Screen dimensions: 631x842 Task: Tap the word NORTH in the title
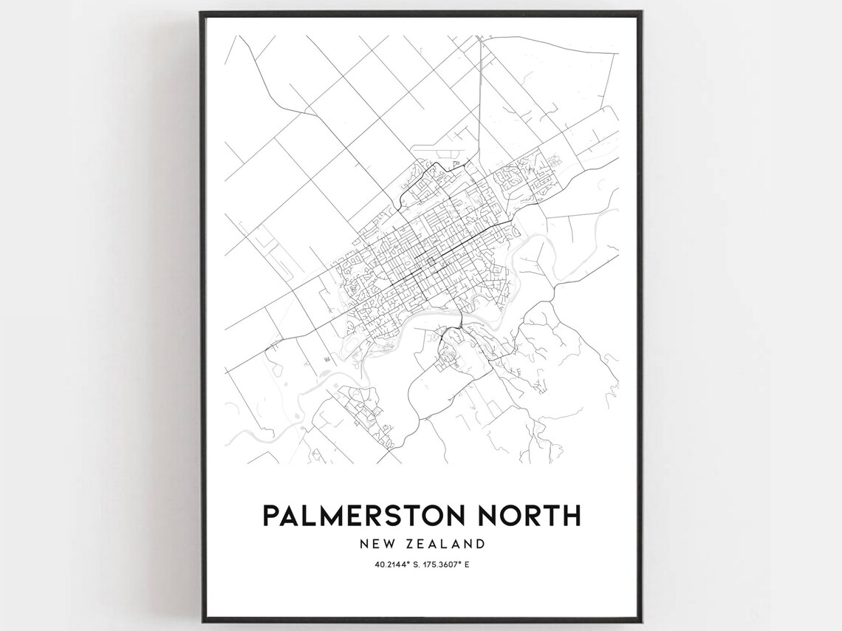pyautogui.click(x=527, y=516)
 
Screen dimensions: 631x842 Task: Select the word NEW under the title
pyautogui.click(x=375, y=545)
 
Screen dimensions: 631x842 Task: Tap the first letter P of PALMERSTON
pyautogui.click(x=270, y=516)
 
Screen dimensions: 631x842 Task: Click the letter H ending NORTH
pyautogui.click(x=571, y=516)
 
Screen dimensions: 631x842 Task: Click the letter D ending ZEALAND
pyautogui.click(x=481, y=545)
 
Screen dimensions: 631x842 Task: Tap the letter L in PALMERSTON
pyautogui.click(x=308, y=516)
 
